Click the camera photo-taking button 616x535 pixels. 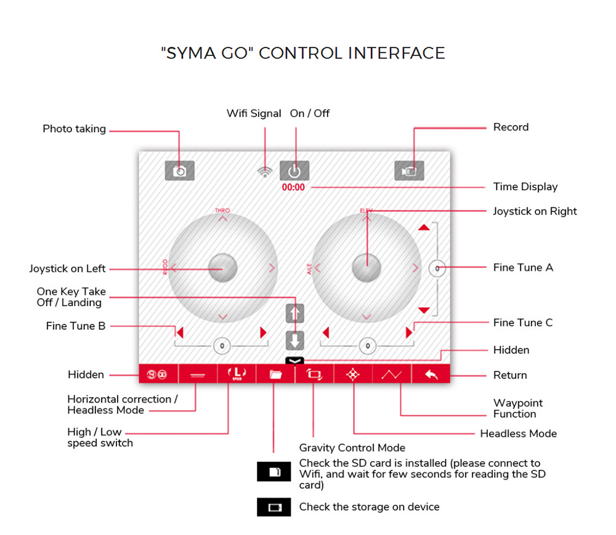[179, 171]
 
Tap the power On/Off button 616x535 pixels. [294, 171]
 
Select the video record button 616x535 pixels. [409, 171]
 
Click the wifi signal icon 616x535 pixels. [265, 172]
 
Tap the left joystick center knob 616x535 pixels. [222, 267]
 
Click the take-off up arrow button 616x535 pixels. [295, 313]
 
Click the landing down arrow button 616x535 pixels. [295, 340]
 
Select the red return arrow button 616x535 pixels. [431, 374]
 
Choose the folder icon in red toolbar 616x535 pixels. [275, 374]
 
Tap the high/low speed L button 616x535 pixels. [237, 374]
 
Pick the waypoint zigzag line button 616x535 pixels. [392, 374]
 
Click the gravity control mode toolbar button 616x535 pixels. [314, 374]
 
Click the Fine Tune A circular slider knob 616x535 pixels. [437, 268]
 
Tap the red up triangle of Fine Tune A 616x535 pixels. [423, 228]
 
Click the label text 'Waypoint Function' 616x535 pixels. [517, 408]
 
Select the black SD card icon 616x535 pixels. [274, 472]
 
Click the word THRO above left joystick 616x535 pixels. [222, 211]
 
